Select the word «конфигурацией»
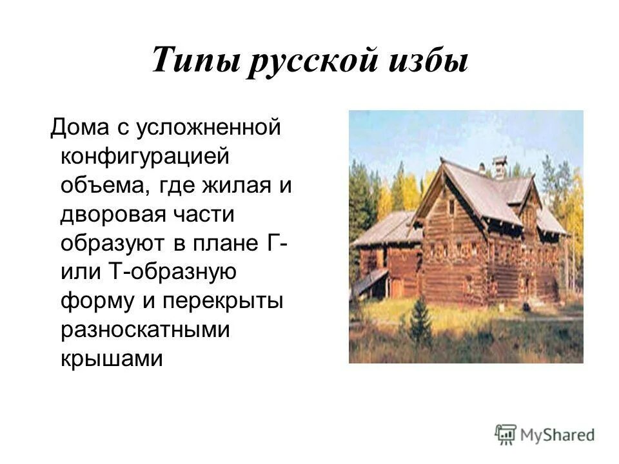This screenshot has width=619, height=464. click(145, 157)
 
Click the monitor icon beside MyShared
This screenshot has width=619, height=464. click(506, 435)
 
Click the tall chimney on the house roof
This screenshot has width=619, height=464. click(499, 167)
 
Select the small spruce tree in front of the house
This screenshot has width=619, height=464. click(420, 322)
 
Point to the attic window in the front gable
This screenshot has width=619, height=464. click(451, 206)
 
